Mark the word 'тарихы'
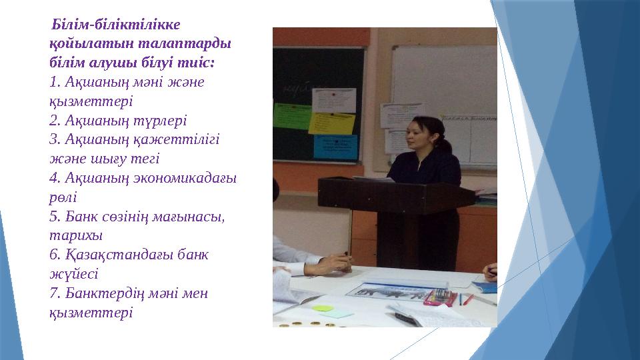pos(71,235)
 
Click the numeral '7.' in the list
pos(55,293)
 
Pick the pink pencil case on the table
pos(441,297)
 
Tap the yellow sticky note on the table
pos(323,309)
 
